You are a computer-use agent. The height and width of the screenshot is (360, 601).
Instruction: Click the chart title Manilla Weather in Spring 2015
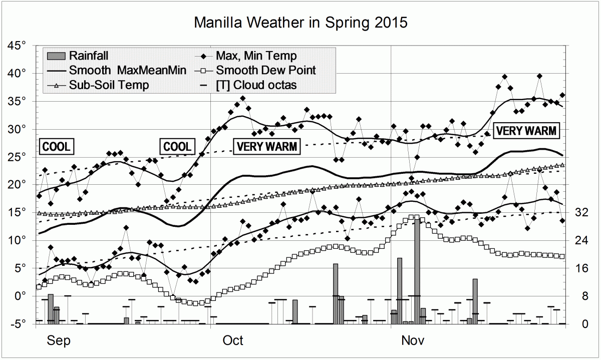(300, 23)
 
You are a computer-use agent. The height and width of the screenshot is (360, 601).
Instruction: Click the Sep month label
(58, 341)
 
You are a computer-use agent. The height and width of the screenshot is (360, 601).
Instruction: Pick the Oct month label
(233, 341)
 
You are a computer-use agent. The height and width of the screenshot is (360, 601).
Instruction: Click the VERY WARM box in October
(266, 147)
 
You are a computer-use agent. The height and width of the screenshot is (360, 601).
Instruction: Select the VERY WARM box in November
(526, 131)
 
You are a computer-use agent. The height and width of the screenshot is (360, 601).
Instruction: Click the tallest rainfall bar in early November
(417, 271)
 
